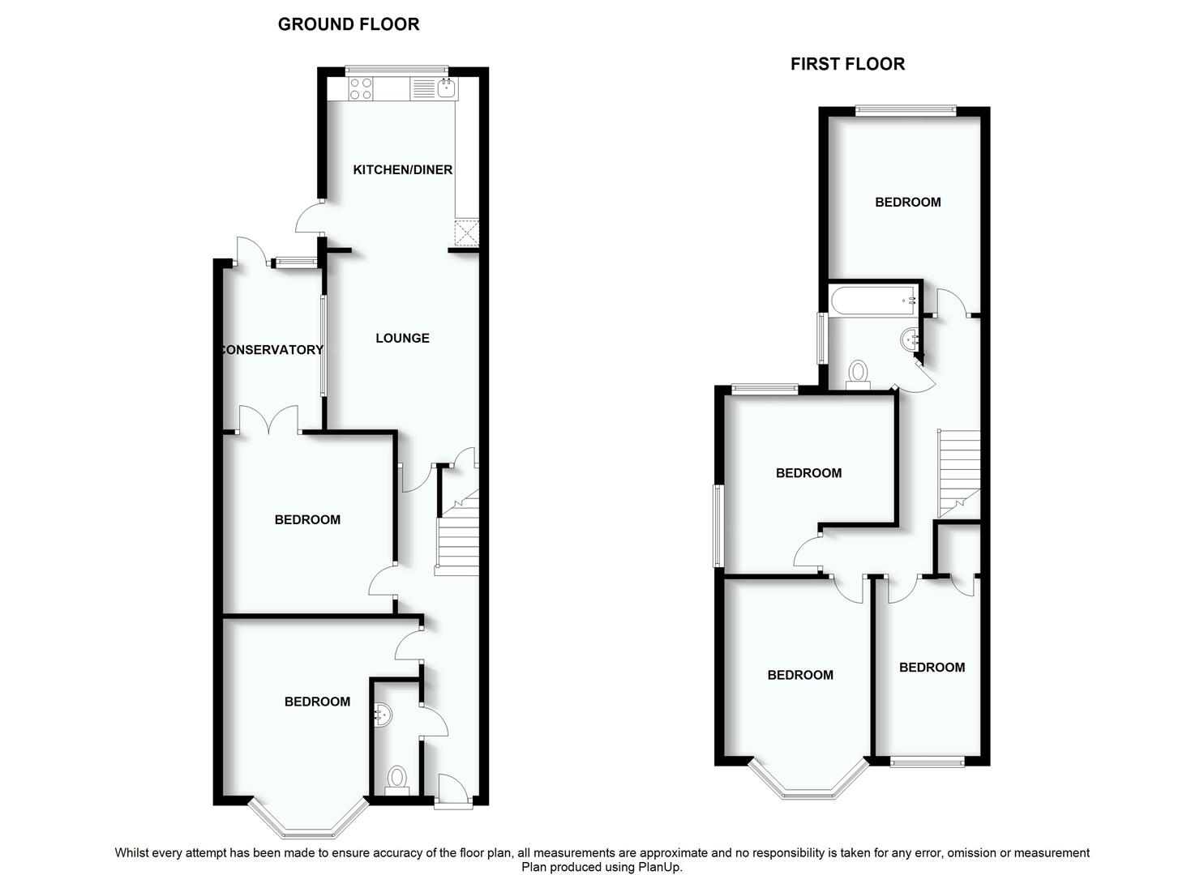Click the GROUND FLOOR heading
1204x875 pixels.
click(349, 24)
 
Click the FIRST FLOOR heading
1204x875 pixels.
click(847, 64)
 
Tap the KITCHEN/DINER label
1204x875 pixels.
click(402, 170)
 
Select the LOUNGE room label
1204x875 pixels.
click(402, 338)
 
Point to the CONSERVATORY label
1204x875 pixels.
click(272, 350)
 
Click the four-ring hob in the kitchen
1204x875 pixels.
click(361, 88)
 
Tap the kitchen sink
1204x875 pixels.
click(446, 87)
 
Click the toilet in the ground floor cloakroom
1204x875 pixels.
click(396, 779)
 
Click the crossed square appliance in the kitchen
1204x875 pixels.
click(467, 233)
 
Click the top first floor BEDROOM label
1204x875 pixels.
click(907, 203)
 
